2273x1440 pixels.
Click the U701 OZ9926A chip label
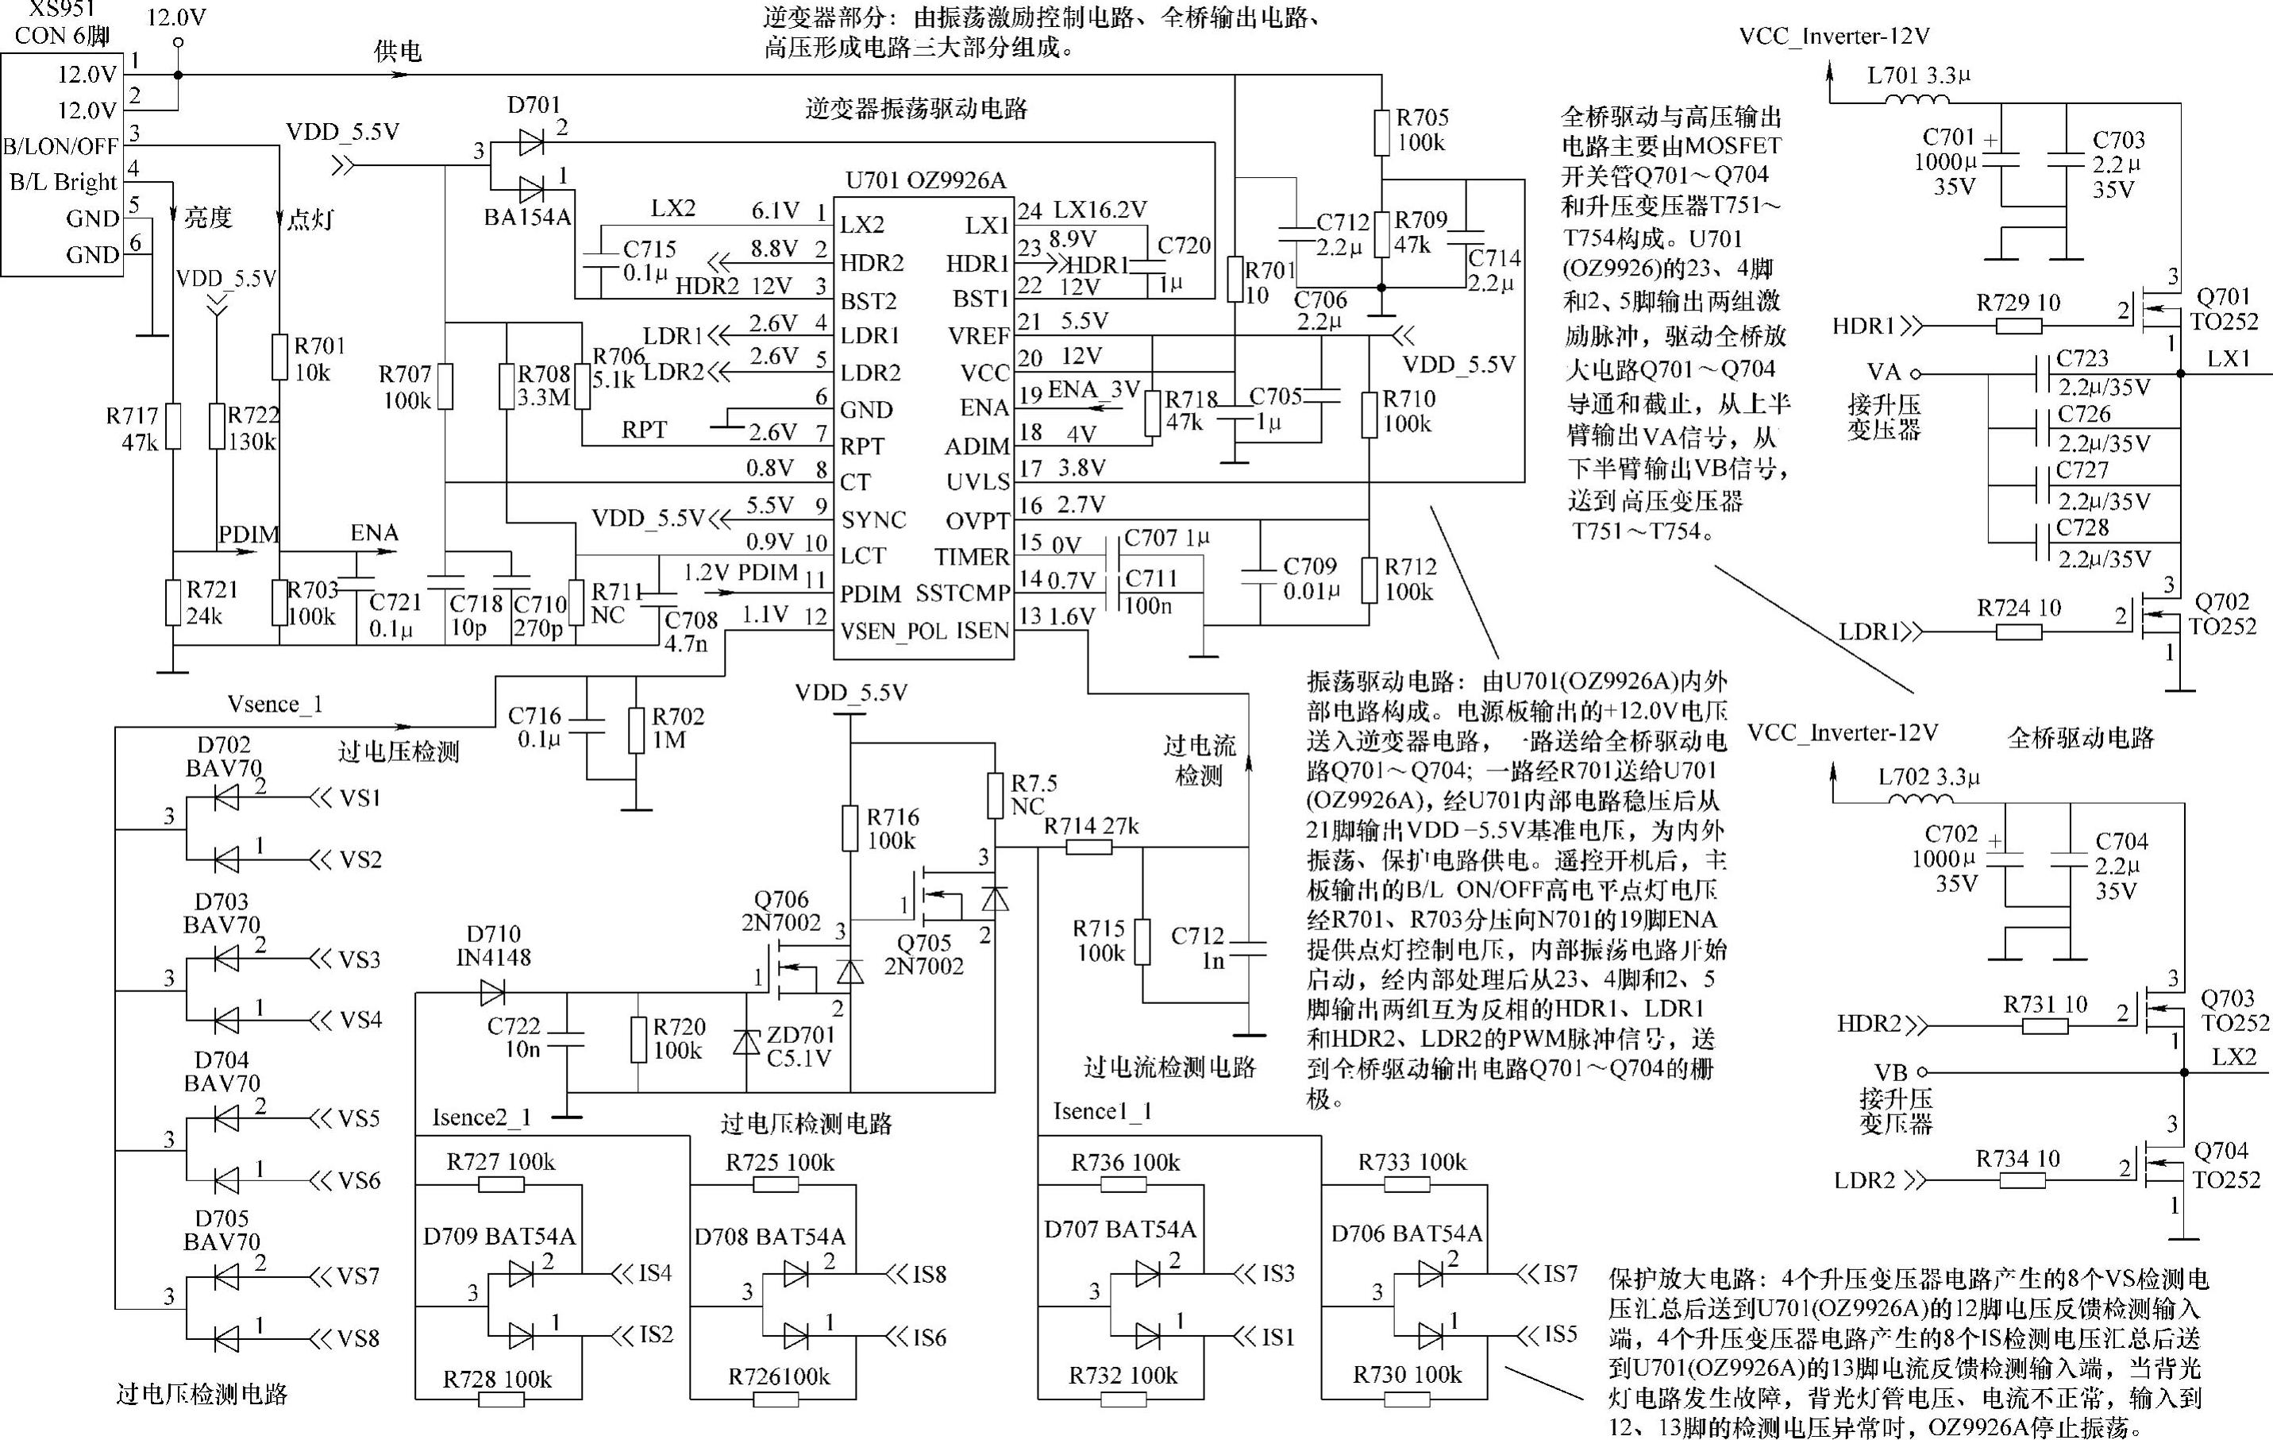point(925,180)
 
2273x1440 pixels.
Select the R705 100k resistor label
point(1422,130)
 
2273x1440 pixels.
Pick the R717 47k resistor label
point(132,429)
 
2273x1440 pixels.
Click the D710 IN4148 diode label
point(494,945)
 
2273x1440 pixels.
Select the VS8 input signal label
point(359,1338)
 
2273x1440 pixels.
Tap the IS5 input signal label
point(1560,1334)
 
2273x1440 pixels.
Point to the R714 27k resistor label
point(1091,826)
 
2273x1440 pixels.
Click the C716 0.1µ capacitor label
point(534,727)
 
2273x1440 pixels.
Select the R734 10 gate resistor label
point(2018,1159)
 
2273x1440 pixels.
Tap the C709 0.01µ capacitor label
point(1311,578)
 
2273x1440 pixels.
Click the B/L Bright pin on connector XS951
point(62,181)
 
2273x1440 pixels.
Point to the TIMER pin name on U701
point(973,556)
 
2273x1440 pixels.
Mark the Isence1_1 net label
point(1102,1111)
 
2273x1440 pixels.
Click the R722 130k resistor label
point(253,428)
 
